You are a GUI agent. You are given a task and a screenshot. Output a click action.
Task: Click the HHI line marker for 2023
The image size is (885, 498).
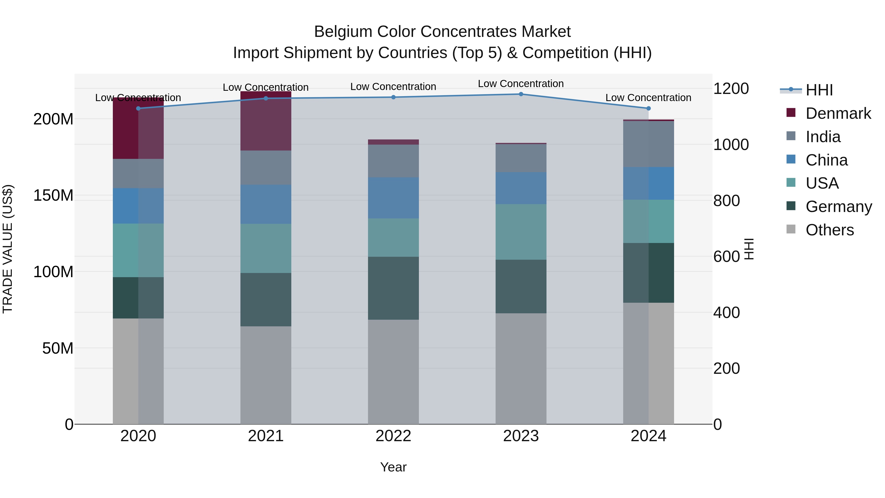point(521,94)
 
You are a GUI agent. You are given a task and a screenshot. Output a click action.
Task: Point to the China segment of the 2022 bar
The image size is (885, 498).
point(393,198)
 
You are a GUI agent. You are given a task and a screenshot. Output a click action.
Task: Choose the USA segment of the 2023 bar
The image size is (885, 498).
point(521,232)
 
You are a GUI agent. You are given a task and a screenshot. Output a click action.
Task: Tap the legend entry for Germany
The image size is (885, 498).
point(838,207)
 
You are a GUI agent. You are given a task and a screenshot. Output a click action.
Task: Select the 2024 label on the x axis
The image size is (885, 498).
point(648,436)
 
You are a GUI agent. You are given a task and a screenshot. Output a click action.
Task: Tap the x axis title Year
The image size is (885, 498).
point(393,467)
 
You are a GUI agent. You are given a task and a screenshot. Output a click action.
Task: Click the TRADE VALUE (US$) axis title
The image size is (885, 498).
point(8,249)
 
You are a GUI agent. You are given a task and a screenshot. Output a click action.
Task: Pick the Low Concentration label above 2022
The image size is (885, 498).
point(393,87)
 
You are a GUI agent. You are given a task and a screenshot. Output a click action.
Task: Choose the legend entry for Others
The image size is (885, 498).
point(829,230)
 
